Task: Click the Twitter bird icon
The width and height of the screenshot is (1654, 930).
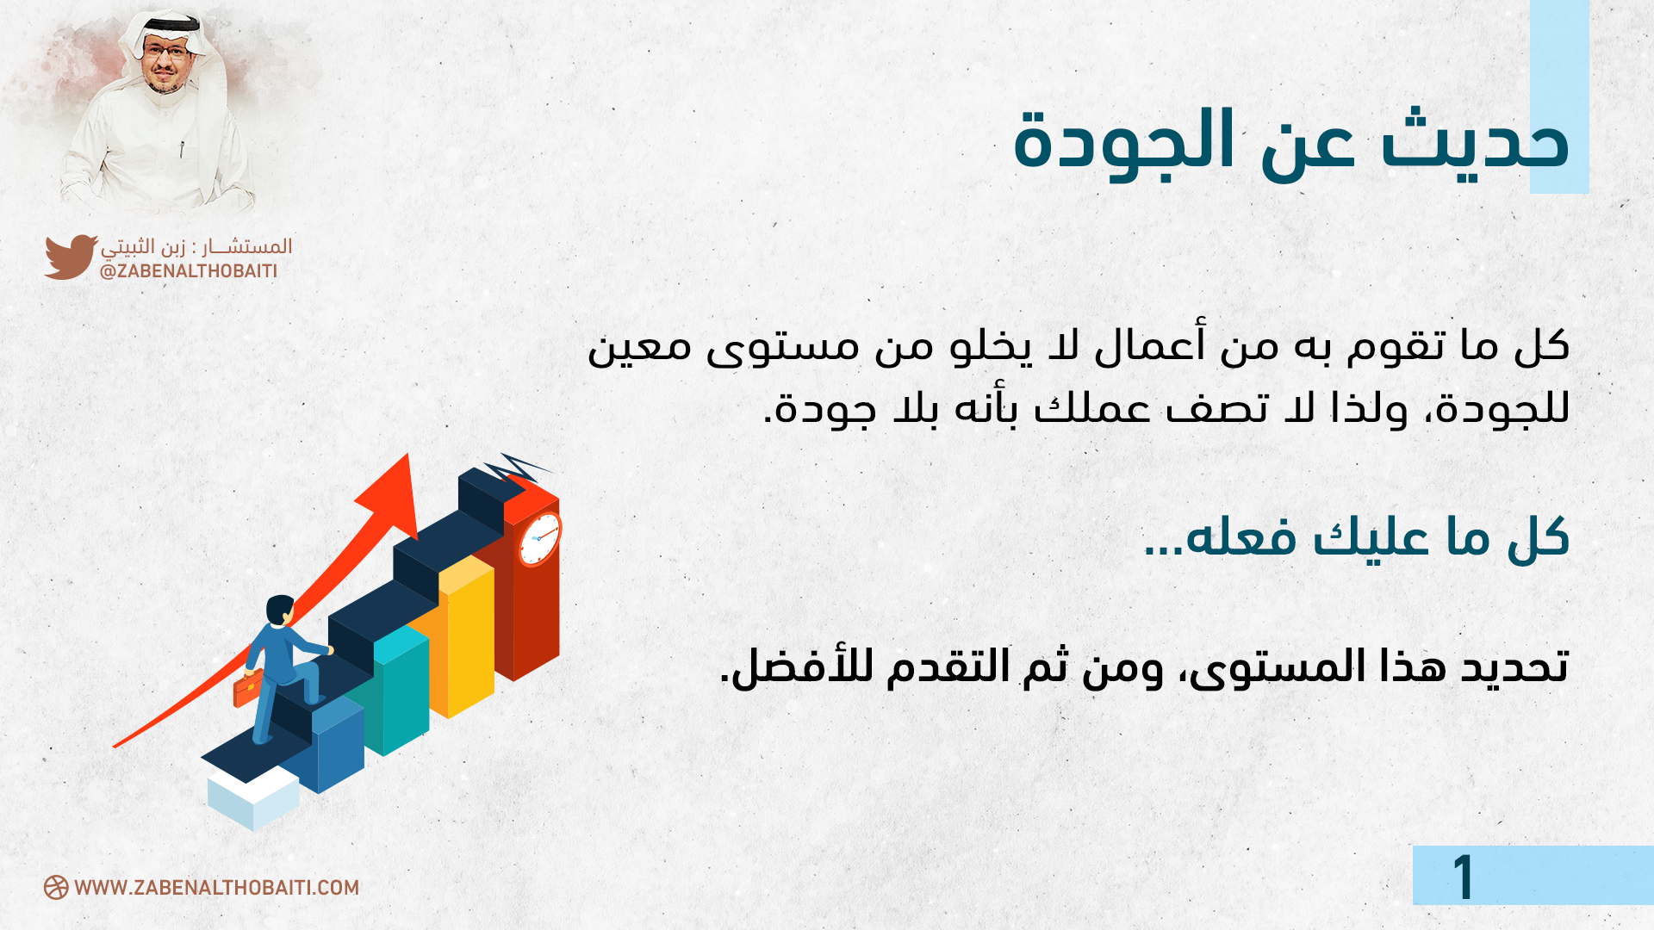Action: coord(71,257)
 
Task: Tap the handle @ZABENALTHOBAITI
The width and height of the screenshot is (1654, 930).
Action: coord(189,271)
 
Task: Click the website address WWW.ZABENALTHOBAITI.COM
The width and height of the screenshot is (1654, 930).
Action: coord(216,888)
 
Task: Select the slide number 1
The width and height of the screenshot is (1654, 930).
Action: coord(1464,877)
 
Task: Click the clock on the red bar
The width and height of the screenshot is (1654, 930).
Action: coord(540,539)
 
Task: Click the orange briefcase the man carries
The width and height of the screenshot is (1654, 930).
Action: coord(247,689)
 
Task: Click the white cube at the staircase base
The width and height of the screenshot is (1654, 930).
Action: coord(253,797)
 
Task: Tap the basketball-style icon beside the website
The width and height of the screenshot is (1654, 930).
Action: coord(56,888)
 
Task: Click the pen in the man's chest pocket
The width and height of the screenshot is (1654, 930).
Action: coord(182,148)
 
